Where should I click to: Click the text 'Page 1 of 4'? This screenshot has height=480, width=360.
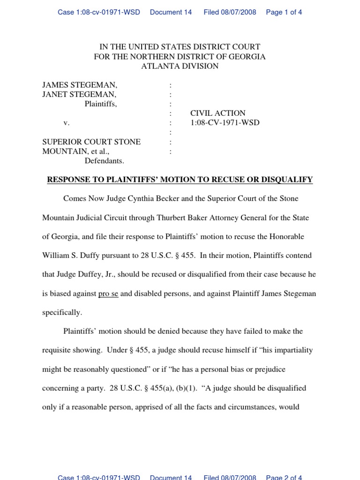[x=284, y=12]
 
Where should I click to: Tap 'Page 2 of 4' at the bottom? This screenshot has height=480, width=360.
[x=284, y=477]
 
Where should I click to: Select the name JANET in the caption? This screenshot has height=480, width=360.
[x=55, y=95]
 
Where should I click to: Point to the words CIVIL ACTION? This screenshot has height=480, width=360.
[x=217, y=113]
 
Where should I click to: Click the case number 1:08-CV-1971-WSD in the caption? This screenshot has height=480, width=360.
[x=225, y=123]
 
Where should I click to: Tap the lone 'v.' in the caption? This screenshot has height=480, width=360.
[x=67, y=123]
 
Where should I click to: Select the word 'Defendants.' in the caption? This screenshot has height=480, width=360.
[x=104, y=161]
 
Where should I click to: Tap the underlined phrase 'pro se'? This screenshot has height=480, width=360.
[x=108, y=294]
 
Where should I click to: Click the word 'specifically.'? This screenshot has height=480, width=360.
[x=62, y=312]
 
